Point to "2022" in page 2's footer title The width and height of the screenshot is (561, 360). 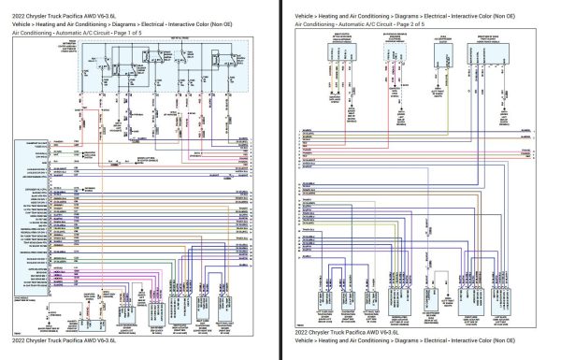click(x=302, y=333)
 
